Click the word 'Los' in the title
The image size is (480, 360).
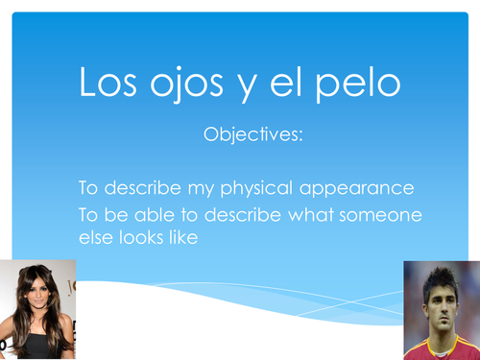112,84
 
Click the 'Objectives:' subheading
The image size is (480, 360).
253,135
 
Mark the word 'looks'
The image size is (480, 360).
140,236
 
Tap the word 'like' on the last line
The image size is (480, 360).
182,236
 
